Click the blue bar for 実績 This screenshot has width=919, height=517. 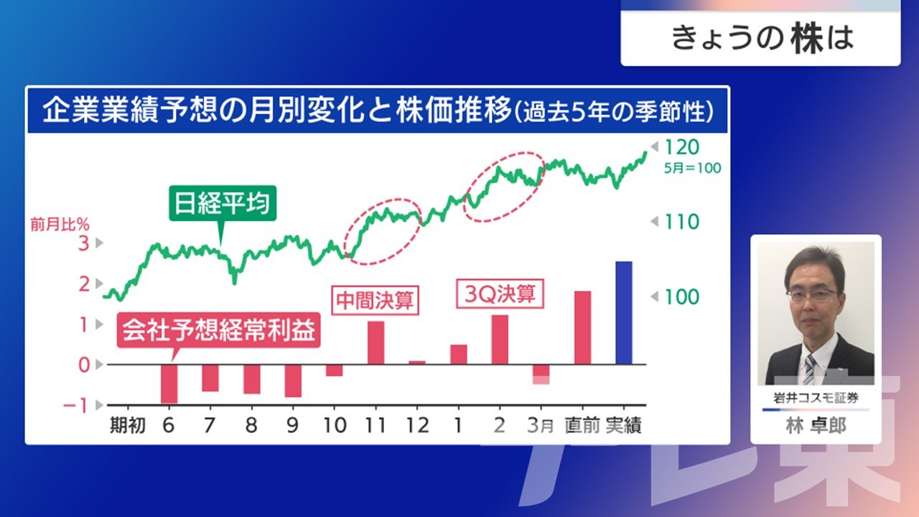pos(624,312)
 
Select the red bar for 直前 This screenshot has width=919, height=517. pos(582,327)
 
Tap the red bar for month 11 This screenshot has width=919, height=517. pos(375,343)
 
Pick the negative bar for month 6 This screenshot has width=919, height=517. pos(169,383)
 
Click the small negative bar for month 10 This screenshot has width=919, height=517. pos(335,370)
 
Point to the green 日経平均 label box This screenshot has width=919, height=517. pos(223,203)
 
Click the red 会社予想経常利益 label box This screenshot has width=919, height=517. pos(219,330)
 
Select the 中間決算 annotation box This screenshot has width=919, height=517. pos(375,300)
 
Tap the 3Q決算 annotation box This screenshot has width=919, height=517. pos(500,294)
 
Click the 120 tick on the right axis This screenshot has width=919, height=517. pos(681,147)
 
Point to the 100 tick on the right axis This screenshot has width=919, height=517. pos(681,297)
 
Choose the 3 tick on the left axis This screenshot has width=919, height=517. pos(84,243)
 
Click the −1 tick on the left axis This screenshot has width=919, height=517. pos(75,406)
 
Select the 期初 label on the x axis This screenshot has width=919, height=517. pos(128,426)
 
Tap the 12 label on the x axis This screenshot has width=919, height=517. pos(417,426)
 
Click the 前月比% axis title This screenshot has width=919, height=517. pos(60,225)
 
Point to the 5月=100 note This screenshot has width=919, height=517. pos(693,168)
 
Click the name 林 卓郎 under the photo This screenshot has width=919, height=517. pos(816,426)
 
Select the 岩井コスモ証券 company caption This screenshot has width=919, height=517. pos(816,398)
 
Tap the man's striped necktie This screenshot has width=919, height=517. pos(809,369)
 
